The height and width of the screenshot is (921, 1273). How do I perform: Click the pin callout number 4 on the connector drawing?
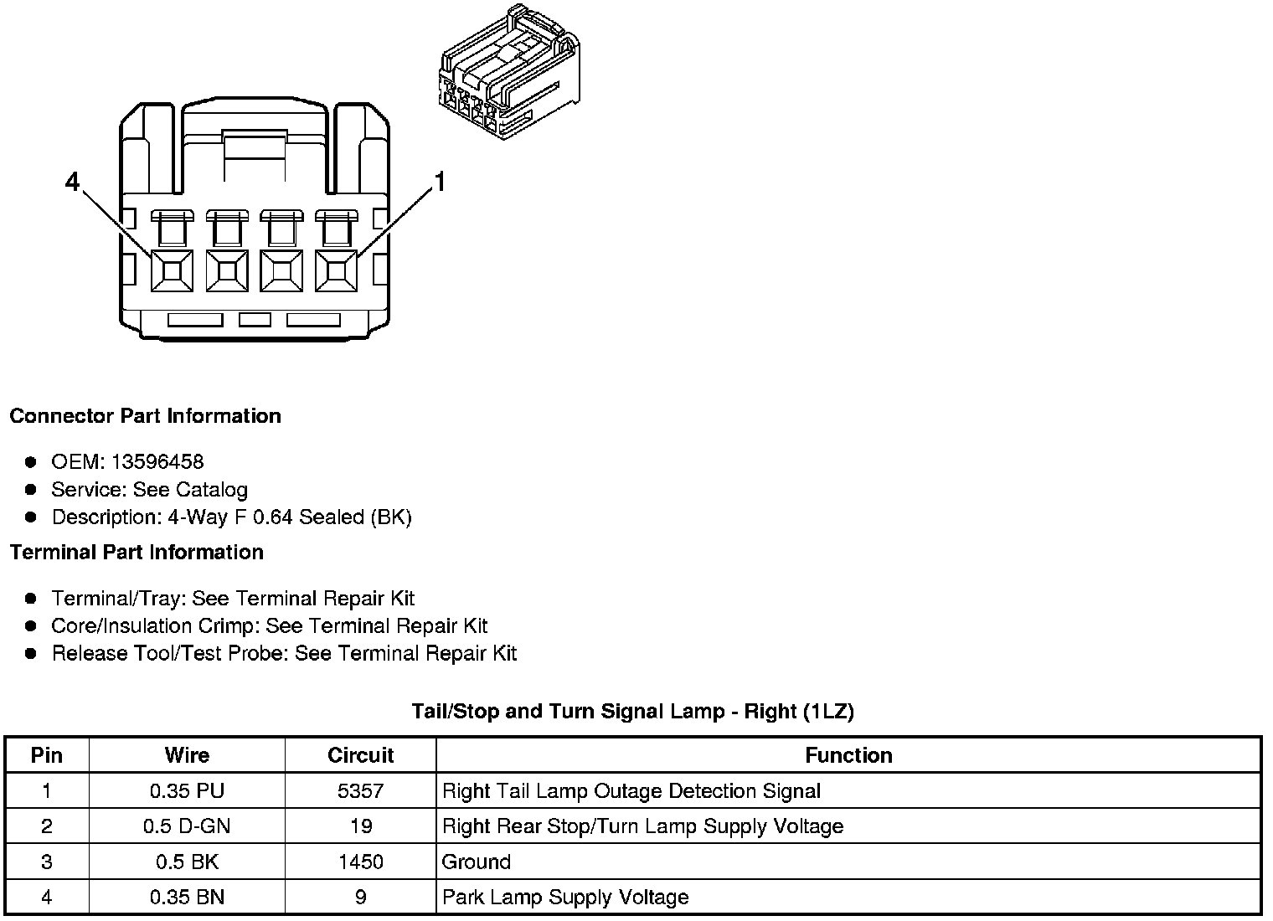pyautogui.click(x=73, y=181)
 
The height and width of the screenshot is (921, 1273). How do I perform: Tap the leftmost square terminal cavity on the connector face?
pyautogui.click(x=172, y=270)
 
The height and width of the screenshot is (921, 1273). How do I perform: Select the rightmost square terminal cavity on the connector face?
pyautogui.click(x=336, y=270)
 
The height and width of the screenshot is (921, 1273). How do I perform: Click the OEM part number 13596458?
pyautogui.click(x=157, y=461)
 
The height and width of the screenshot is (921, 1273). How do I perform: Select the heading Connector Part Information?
pyautogui.click(x=146, y=416)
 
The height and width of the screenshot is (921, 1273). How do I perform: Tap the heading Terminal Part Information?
pyautogui.click(x=137, y=553)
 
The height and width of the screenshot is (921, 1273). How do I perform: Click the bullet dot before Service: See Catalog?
pyautogui.click(x=31, y=490)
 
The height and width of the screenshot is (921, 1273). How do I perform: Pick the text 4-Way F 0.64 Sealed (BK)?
pyautogui.click(x=290, y=517)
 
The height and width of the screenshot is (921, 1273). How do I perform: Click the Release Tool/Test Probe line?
pyautogui.click(x=284, y=653)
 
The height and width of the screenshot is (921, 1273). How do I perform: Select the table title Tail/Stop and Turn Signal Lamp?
pyautogui.click(x=632, y=712)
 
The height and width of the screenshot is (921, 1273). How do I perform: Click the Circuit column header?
pyautogui.click(x=360, y=755)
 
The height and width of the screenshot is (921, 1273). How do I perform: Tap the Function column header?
pyautogui.click(x=848, y=755)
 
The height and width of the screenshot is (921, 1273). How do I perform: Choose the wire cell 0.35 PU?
pyautogui.click(x=187, y=791)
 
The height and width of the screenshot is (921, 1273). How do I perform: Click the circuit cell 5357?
pyautogui.click(x=360, y=791)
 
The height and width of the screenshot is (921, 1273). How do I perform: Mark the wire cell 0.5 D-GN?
pyautogui.click(x=187, y=826)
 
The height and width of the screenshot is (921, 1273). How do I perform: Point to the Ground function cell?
pyautogui.click(x=477, y=862)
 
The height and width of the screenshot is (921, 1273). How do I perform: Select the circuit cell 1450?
pyautogui.click(x=360, y=862)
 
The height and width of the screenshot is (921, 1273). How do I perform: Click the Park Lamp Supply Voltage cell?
pyautogui.click(x=565, y=898)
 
